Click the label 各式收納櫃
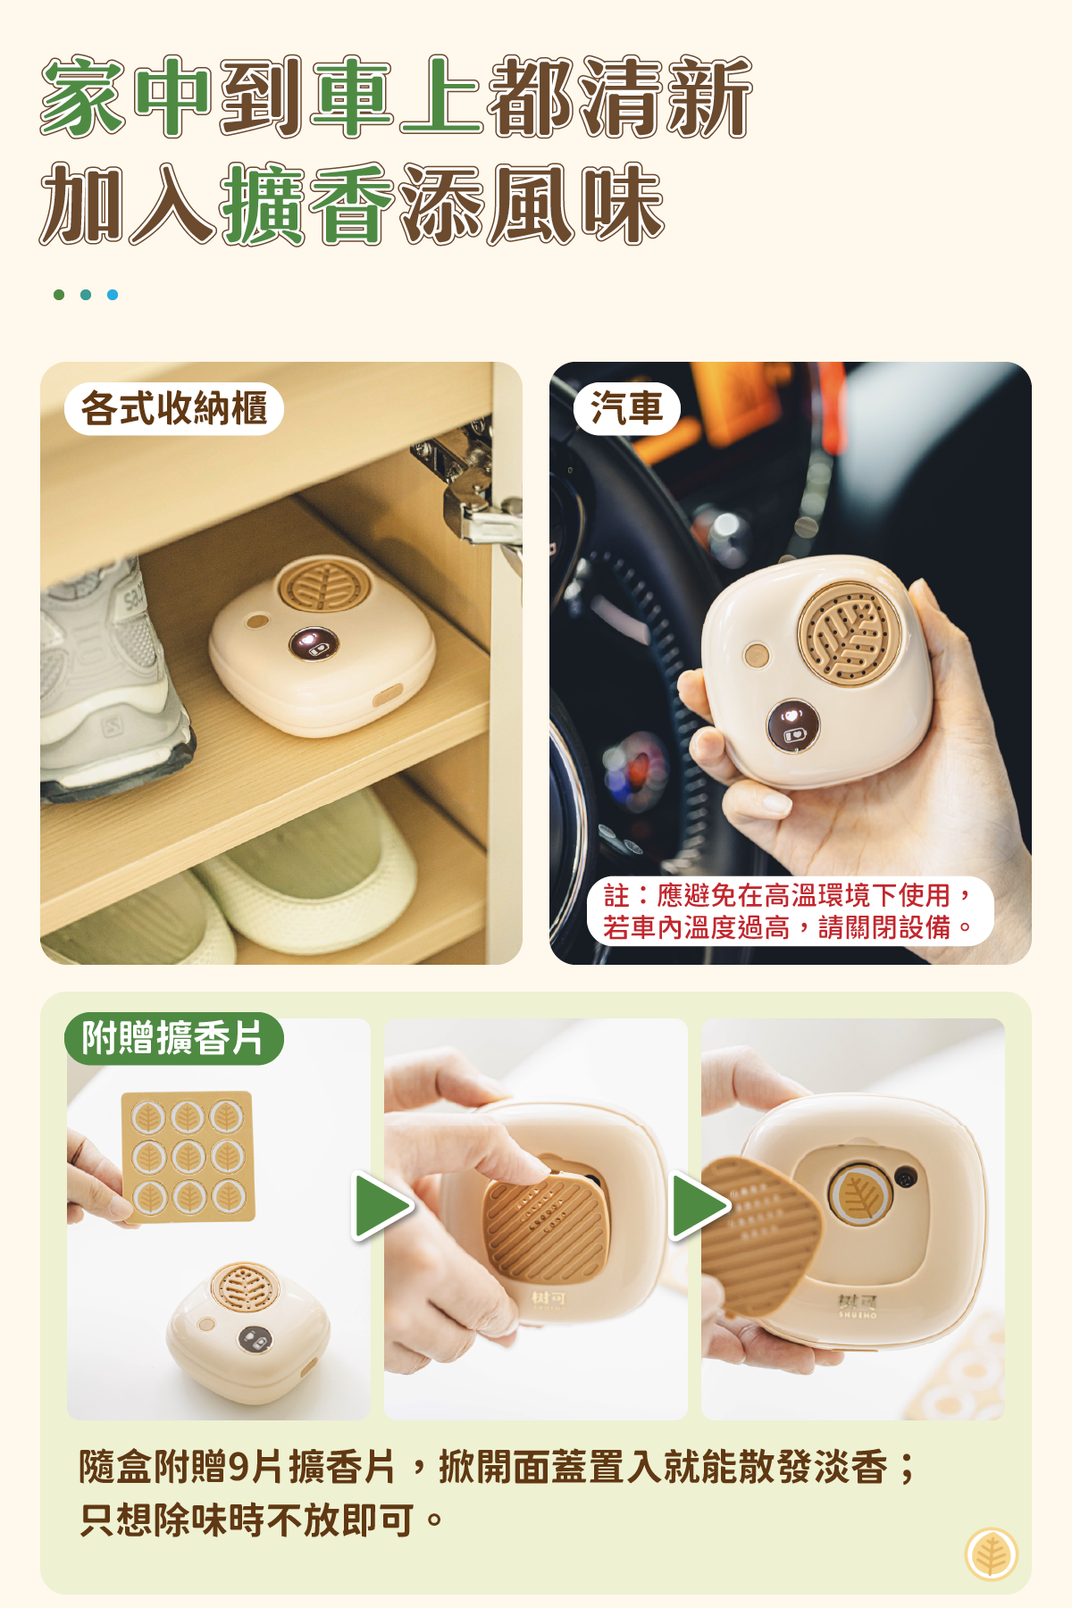(x=174, y=409)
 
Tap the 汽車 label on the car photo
(x=626, y=409)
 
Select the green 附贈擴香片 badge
(x=173, y=1038)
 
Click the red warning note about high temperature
(x=790, y=911)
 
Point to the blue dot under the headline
(x=113, y=295)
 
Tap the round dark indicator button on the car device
(x=793, y=724)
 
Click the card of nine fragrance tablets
(x=188, y=1157)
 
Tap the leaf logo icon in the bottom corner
(x=992, y=1554)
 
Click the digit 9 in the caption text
(x=239, y=1467)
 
